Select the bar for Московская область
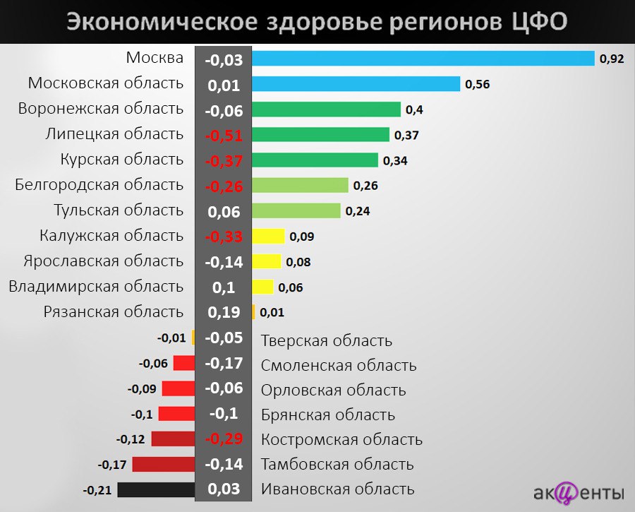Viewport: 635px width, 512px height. (x=356, y=84)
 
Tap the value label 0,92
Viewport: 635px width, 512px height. (x=612, y=59)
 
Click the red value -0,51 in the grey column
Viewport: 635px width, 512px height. (x=224, y=136)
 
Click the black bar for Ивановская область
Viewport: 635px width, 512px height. (x=156, y=489)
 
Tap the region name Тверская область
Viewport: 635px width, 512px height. (x=326, y=340)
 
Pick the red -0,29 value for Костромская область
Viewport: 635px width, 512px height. (x=224, y=439)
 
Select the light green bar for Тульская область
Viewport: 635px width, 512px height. (x=296, y=210)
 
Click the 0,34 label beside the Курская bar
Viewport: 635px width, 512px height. (x=395, y=161)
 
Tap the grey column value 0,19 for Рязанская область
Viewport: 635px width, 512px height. (x=224, y=312)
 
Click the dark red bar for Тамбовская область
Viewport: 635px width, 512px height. (x=163, y=465)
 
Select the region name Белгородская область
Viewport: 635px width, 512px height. (x=99, y=185)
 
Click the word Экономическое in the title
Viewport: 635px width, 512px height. (x=162, y=22)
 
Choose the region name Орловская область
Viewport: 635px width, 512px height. (x=333, y=390)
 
